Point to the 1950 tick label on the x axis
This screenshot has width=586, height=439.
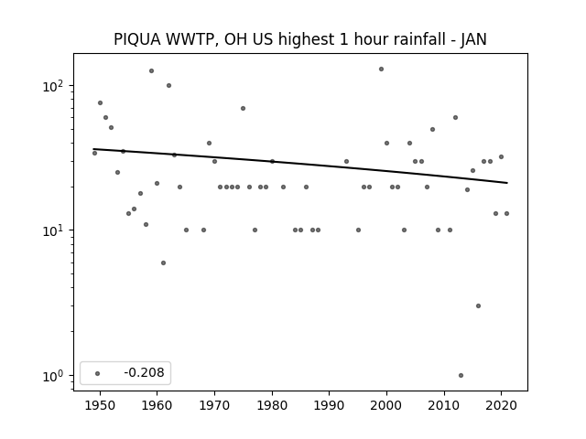pos(100,405)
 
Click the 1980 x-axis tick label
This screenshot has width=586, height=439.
pos(272,405)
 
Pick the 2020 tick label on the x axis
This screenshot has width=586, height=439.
pos(502,405)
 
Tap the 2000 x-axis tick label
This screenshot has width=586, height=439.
pos(386,405)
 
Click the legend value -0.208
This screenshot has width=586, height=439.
pos(145,372)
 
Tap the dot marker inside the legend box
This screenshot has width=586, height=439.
pos(98,373)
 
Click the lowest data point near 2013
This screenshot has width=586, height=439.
pos(461,375)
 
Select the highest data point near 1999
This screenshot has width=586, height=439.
pos(381,70)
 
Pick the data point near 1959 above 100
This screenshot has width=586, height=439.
pos(151,71)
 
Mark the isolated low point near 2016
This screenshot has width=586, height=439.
pos(478,305)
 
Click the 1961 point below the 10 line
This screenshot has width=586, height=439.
pos(163,262)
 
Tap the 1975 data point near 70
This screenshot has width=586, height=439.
pos(243,108)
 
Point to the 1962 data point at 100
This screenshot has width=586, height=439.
pos(168,85)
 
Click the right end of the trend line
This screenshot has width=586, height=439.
pos(507,183)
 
